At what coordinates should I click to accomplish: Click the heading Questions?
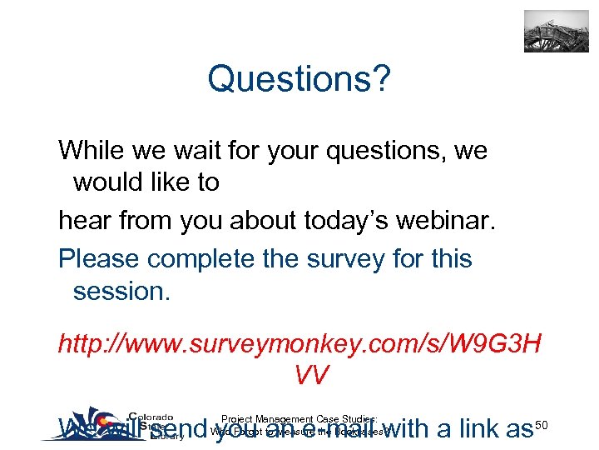pyautogui.click(x=299, y=80)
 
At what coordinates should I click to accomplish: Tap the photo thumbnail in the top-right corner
pyautogui.click(x=556, y=32)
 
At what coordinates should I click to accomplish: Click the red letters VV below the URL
pyautogui.click(x=311, y=374)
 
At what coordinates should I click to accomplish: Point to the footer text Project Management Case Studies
pyautogui.click(x=300, y=419)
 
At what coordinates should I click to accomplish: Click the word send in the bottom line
pyautogui.click(x=181, y=430)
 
